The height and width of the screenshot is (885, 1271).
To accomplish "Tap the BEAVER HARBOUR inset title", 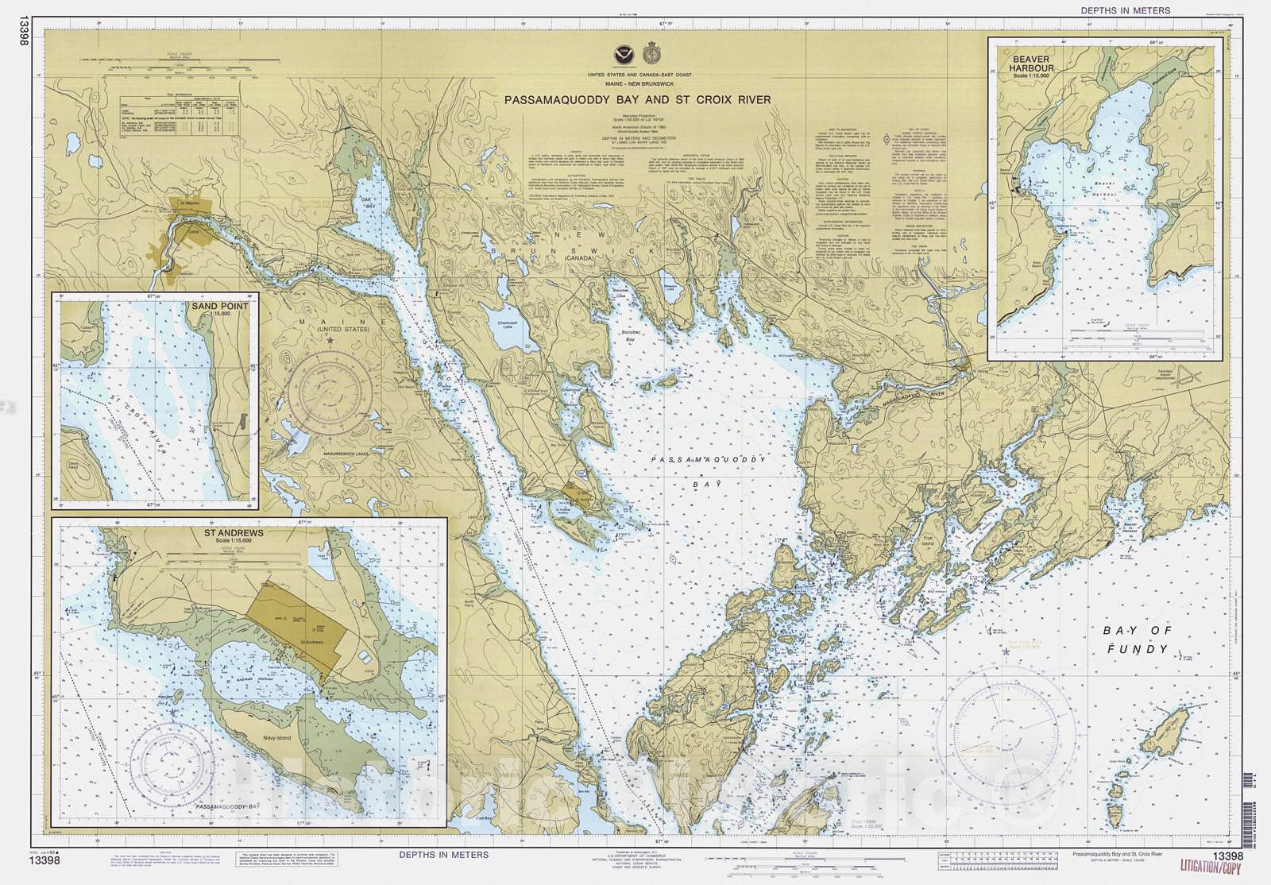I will click(1031, 64).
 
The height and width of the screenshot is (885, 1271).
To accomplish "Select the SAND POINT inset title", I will click(219, 306).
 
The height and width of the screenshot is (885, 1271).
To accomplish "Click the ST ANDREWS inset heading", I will click(234, 533).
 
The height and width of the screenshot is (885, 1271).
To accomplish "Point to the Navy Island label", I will click(276, 738).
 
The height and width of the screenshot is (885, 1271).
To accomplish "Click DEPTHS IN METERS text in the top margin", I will click(1125, 10).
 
